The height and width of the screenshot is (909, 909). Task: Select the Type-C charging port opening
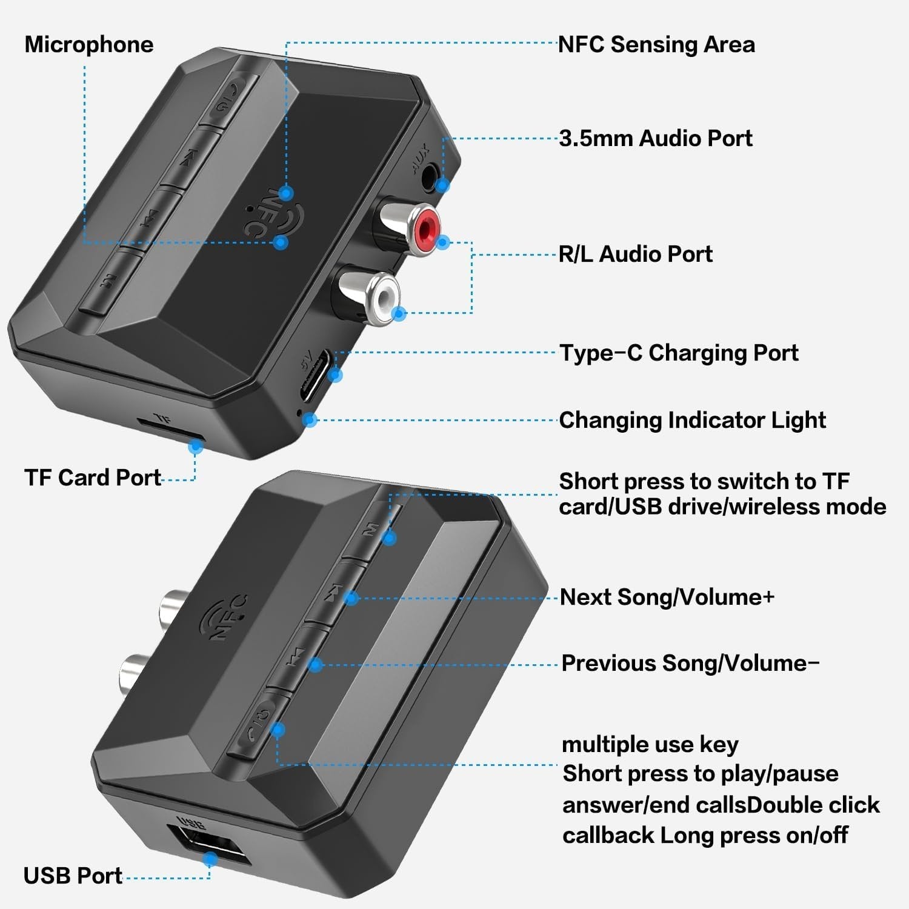pyautogui.click(x=318, y=376)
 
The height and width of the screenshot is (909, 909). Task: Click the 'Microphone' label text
pyautogui.click(x=89, y=45)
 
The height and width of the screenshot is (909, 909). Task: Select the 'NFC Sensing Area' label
pyautogui.click(x=656, y=45)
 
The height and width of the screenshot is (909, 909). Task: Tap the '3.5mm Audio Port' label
pyautogui.click(x=655, y=138)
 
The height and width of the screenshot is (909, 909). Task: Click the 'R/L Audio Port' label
pyautogui.click(x=635, y=254)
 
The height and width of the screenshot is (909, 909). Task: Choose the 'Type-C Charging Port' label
pyautogui.click(x=679, y=353)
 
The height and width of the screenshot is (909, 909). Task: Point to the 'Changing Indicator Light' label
pyautogui.click(x=692, y=420)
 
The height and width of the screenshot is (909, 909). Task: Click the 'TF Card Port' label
pyautogui.click(x=93, y=478)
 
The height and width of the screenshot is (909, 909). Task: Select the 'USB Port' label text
pyautogui.click(x=73, y=876)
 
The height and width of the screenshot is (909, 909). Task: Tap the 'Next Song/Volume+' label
pyautogui.click(x=667, y=597)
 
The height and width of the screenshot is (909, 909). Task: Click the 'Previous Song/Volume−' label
pyautogui.click(x=690, y=663)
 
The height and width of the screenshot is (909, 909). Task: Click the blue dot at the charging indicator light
pyautogui.click(x=310, y=419)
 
